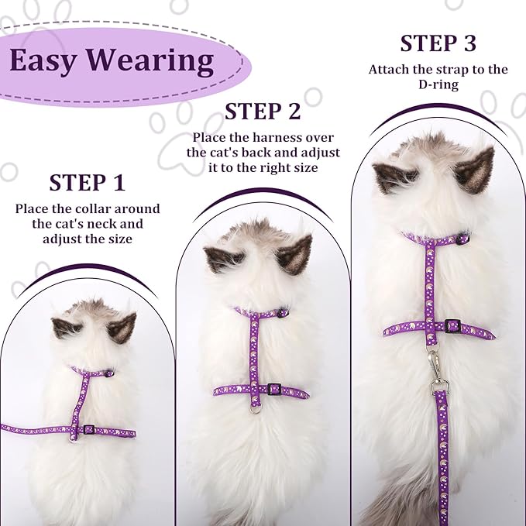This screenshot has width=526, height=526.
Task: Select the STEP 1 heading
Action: pos(88,183)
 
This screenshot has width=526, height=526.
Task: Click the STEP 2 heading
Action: pos(263,112)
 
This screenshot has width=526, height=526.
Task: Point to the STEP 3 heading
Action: pos(438,43)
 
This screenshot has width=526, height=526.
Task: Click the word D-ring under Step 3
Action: pos(438,84)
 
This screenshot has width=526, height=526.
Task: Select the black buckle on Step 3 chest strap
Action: pos(452,325)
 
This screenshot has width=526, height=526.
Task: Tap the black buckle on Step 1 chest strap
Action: pos(89,429)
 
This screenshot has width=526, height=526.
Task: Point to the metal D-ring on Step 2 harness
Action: pos(255,409)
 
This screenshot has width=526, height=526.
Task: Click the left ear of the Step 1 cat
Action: pos(66,328)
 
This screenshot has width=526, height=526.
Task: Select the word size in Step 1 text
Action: pos(122,239)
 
